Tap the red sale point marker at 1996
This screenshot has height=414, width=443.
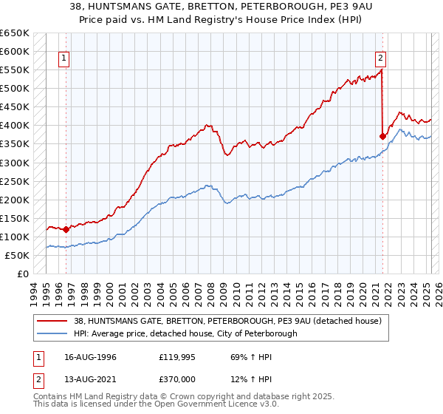point(66,229)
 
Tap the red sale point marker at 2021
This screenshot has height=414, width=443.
point(382,136)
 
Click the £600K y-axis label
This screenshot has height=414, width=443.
point(15,52)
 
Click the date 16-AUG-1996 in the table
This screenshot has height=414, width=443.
point(84,357)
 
